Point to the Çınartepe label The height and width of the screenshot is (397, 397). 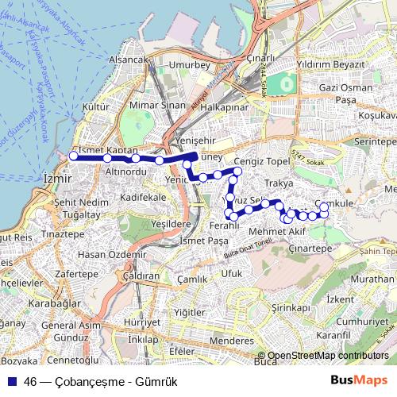[310, 249]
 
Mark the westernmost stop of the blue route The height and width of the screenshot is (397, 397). [73, 156]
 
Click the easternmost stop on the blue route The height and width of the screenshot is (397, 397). [324, 207]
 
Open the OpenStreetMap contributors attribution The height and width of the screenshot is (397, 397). [327, 357]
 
